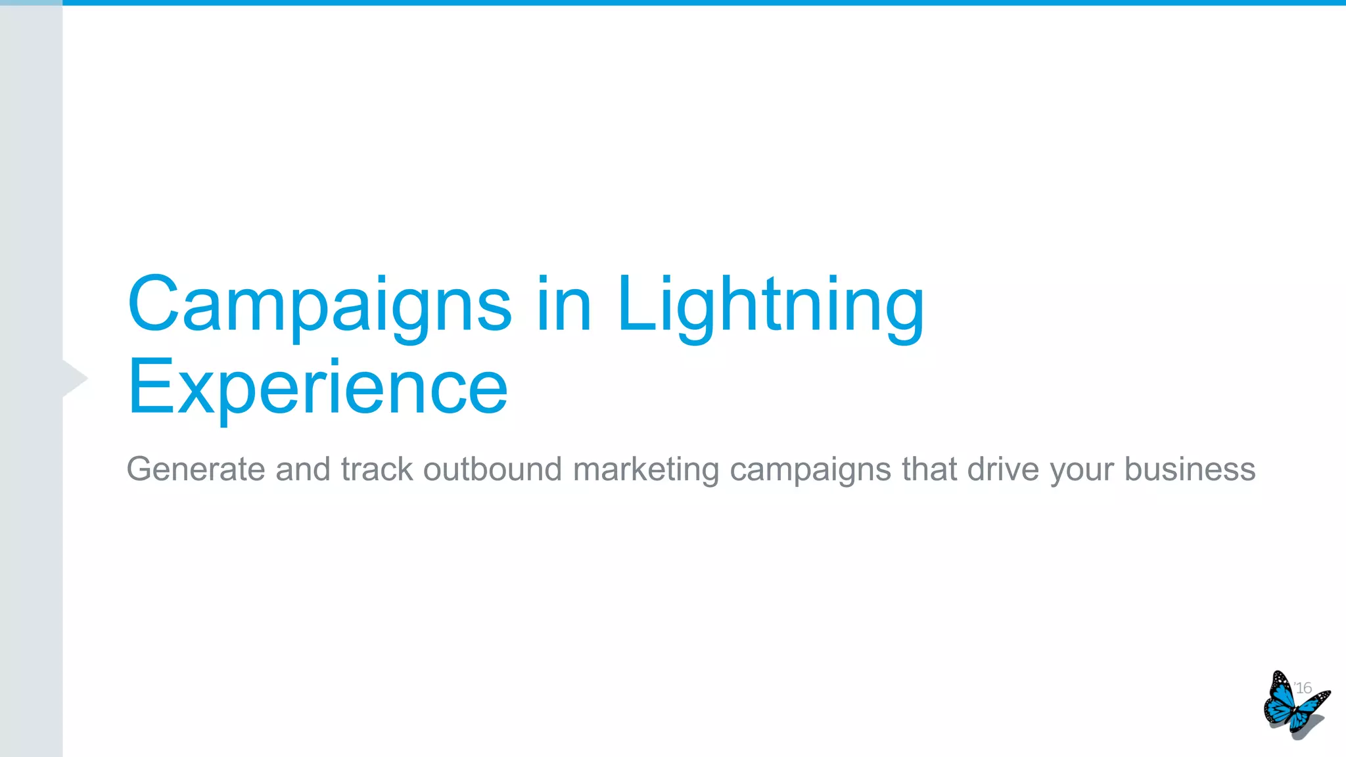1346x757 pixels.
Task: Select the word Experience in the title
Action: pos(317,388)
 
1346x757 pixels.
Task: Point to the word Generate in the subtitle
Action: pos(195,470)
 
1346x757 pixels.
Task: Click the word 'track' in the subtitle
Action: pos(377,470)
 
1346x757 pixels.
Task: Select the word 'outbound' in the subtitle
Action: pos(492,470)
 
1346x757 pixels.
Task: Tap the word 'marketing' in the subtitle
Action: pos(646,470)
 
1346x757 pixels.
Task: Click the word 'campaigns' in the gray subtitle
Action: pos(810,470)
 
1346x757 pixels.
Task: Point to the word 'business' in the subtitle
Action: pos(1190,470)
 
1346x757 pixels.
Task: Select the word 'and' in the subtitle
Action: pos(302,470)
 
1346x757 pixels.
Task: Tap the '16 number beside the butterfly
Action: pos(1303,688)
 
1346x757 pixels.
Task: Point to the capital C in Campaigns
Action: pos(153,304)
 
